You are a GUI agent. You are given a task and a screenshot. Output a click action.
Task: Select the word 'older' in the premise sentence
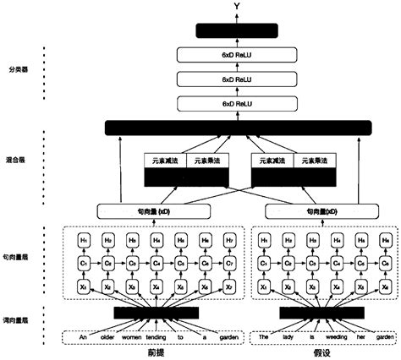(107, 335)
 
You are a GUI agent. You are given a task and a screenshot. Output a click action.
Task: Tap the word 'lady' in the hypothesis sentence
(286, 335)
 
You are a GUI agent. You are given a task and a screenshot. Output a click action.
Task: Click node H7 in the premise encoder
(228, 240)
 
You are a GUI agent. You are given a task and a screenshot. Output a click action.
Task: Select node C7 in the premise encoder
(228, 264)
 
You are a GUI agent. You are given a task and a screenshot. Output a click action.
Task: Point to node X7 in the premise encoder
(228, 287)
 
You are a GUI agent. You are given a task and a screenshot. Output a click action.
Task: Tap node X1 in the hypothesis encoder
(264, 287)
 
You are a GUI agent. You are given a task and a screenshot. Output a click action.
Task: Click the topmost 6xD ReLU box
(238, 55)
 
